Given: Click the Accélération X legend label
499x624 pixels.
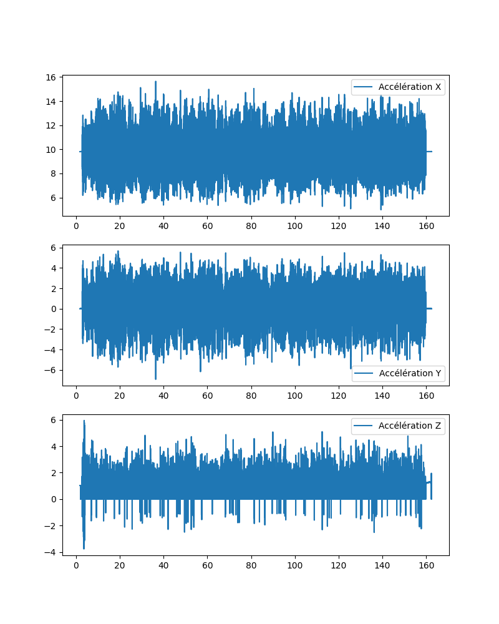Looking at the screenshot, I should [410, 87].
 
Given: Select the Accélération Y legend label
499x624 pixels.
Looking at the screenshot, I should [410, 374].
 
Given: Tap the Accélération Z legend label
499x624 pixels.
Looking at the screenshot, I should [410, 426].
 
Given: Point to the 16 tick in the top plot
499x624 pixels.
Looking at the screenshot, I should [51, 77].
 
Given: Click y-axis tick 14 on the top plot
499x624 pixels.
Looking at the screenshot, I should [51, 102].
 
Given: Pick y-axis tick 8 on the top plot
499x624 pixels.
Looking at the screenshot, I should [53, 173].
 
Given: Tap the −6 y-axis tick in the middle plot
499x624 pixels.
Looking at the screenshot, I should [51, 370].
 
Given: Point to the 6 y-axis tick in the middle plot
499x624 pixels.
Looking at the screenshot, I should [53, 248].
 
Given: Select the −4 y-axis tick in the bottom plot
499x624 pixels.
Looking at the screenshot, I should [51, 552].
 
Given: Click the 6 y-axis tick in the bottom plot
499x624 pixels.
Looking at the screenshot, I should [53, 420].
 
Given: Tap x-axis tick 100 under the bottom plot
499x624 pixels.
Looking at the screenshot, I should [294, 566].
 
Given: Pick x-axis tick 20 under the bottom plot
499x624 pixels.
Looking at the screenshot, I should [120, 566].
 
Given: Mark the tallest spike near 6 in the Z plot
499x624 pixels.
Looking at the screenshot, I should [84, 421].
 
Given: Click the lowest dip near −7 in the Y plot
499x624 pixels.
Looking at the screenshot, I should [156, 379].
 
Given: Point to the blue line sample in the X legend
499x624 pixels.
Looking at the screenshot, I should [364, 87].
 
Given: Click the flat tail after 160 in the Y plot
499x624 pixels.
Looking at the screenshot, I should [429, 309].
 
